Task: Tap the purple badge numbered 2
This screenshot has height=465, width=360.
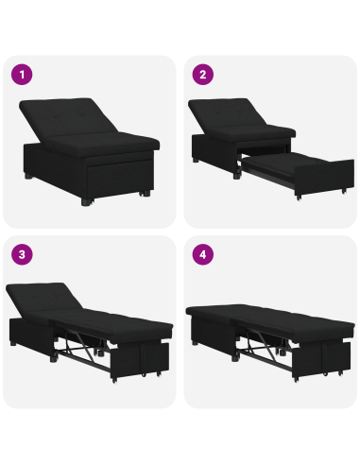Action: (202, 74)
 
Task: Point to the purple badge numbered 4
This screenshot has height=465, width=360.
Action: (202, 255)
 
